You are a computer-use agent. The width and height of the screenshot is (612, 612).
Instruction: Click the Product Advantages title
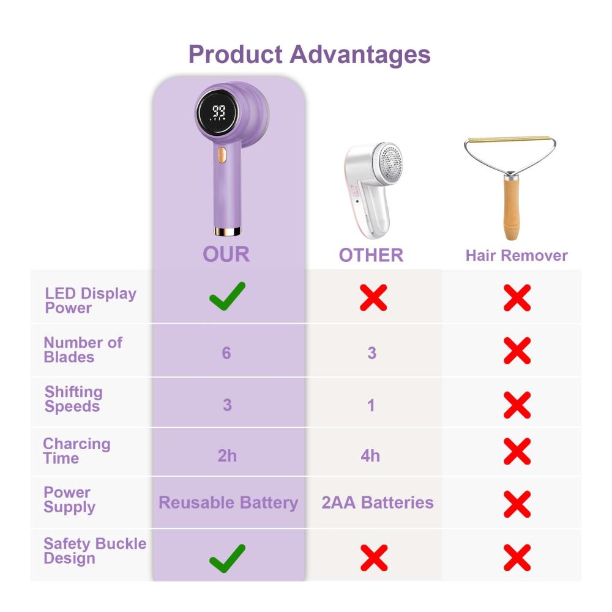pyautogui.click(x=309, y=54)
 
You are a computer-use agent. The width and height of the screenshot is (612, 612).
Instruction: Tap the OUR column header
pyautogui.click(x=226, y=254)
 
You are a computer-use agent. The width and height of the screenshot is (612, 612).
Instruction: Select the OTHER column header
pyautogui.click(x=371, y=255)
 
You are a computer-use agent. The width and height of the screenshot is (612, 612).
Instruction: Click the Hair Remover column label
pyautogui.click(x=517, y=255)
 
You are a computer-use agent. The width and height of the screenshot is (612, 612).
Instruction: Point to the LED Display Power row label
pyautogui.click(x=91, y=300)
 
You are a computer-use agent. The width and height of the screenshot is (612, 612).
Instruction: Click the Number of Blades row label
pyautogui.click(x=83, y=349)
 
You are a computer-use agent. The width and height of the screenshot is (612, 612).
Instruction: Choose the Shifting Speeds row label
pyautogui.click(x=73, y=399)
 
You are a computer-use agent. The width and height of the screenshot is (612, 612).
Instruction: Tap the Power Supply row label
pyautogui.click(x=69, y=499)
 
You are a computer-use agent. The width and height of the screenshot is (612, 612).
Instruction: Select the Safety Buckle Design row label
pyautogui.click(x=95, y=551)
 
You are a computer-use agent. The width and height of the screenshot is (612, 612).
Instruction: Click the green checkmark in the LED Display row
pyautogui.click(x=227, y=297)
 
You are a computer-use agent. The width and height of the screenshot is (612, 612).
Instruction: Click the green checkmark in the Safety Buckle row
pyautogui.click(x=227, y=558)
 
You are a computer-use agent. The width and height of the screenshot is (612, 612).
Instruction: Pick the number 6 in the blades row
pyautogui.click(x=226, y=353)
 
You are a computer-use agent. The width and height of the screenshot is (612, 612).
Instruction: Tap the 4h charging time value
pyautogui.click(x=370, y=455)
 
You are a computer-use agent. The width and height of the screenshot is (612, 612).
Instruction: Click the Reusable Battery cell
pyautogui.click(x=228, y=502)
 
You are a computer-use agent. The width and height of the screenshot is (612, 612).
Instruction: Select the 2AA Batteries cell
pyautogui.click(x=378, y=502)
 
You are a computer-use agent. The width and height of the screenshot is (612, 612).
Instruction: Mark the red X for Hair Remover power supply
pyautogui.click(x=517, y=504)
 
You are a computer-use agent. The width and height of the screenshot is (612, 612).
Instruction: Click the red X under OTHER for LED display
pyautogui.click(x=373, y=297)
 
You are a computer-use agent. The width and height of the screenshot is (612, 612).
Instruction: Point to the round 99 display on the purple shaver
pyautogui.click(x=217, y=113)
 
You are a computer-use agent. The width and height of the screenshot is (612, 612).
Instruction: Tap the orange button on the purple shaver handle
pyautogui.click(x=222, y=155)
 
